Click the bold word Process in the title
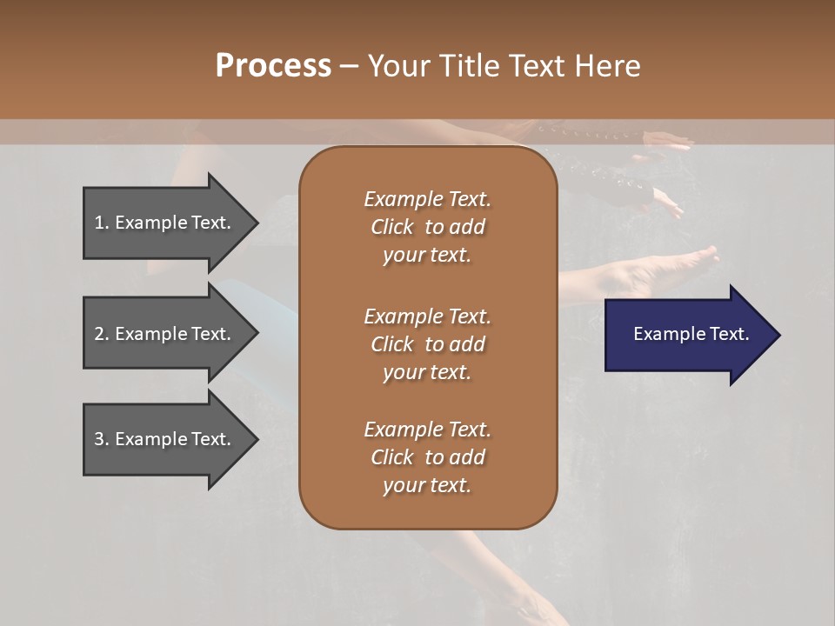tap(273, 66)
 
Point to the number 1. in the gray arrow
tap(102, 223)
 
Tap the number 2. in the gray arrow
tap(102, 334)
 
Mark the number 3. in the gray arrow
tap(102, 439)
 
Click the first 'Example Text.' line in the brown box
tap(427, 199)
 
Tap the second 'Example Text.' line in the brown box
tap(427, 316)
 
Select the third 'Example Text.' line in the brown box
tap(427, 430)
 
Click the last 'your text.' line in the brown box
tap(427, 486)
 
